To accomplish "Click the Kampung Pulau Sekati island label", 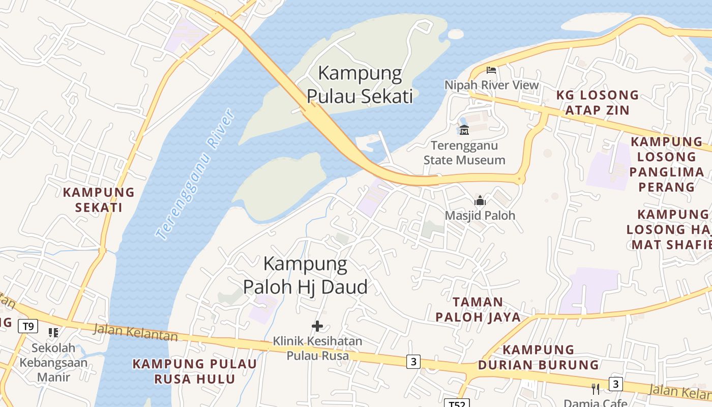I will tap(360, 84).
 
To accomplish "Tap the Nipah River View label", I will tap(491, 85).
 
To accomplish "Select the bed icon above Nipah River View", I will tap(491, 70).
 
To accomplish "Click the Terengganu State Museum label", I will tap(464, 153).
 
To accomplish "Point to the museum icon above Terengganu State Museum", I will tap(464, 130).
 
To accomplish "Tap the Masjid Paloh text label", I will tap(480, 215).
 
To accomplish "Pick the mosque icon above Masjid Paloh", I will tap(480, 200).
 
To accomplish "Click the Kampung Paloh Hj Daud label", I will tap(305, 275).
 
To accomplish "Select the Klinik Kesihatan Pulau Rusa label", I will tap(317, 348).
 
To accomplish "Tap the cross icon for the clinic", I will tap(317, 326).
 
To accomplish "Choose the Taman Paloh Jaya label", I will tap(478, 309).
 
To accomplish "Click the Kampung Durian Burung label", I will tap(539, 357).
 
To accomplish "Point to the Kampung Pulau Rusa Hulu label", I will tap(195, 371).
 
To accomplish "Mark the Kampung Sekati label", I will tap(99, 199).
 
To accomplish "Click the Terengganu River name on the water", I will tap(195, 174).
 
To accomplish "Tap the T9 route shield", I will tap(28, 326).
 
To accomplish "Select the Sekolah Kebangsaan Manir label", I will tap(53, 362).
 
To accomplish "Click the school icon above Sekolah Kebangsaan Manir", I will tap(53, 333).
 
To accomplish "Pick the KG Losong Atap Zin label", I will tap(597, 102).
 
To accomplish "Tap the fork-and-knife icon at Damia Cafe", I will tap(596, 389).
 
